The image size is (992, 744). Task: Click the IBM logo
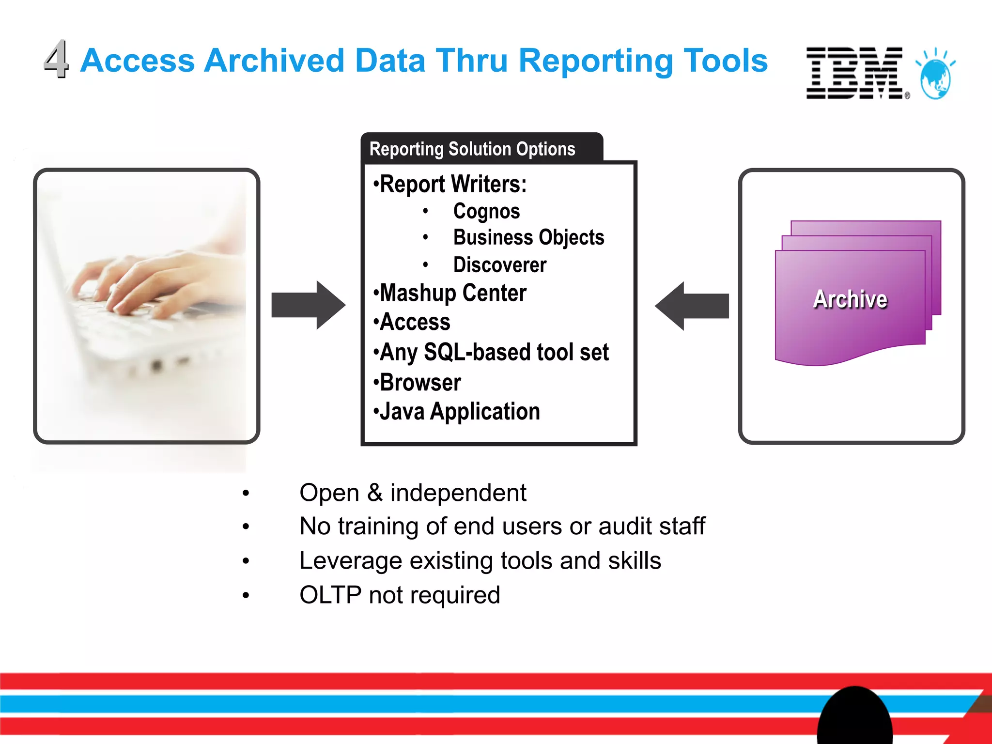click(x=854, y=73)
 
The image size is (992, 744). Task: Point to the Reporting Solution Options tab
click(x=472, y=149)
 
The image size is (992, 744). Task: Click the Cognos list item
click(x=486, y=211)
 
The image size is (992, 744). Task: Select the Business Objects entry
click(x=528, y=237)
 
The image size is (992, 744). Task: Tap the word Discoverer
click(x=499, y=265)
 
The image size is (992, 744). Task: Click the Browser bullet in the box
click(x=419, y=383)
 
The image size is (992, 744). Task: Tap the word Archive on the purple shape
click(x=850, y=299)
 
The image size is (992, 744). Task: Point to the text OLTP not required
click(x=400, y=595)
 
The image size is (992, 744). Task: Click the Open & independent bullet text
click(x=413, y=493)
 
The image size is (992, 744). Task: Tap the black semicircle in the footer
click(x=854, y=717)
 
